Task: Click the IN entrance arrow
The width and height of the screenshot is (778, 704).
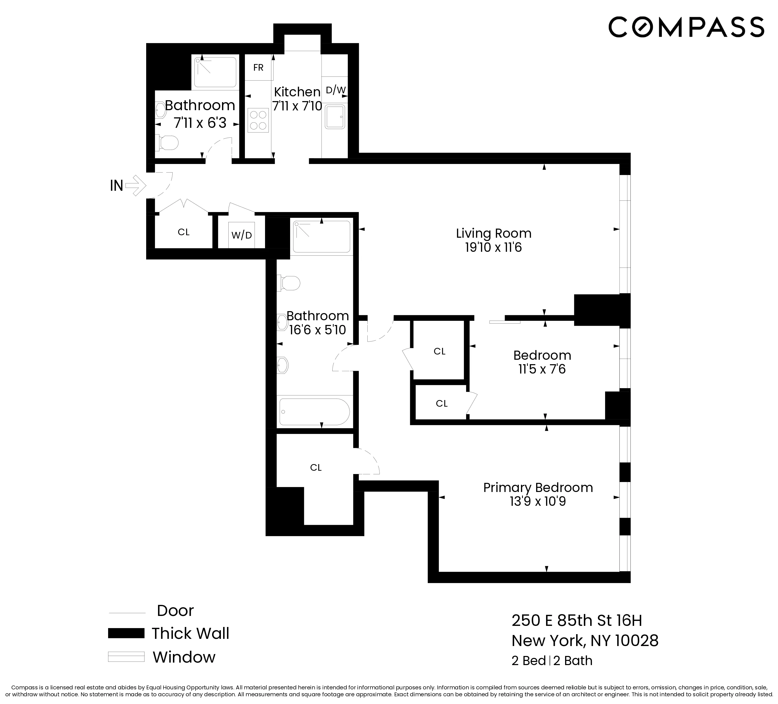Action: [x=135, y=186]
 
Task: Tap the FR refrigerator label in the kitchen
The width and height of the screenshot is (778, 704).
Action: [x=258, y=68]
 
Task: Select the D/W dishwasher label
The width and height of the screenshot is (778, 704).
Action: [x=335, y=90]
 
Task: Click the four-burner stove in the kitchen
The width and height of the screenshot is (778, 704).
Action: [x=258, y=120]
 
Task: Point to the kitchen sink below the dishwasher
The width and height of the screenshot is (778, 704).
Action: [x=335, y=117]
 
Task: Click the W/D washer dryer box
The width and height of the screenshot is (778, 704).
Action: [x=242, y=235]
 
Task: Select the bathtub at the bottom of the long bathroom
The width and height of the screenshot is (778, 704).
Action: [x=314, y=412]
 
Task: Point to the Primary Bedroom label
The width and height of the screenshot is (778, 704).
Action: [x=538, y=488]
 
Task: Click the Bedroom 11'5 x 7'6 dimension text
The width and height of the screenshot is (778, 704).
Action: [x=542, y=369]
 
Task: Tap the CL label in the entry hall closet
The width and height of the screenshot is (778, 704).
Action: [x=183, y=232]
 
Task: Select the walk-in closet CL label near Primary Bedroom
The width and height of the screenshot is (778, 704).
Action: [x=316, y=467]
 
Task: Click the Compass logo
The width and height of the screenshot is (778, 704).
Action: [x=686, y=27]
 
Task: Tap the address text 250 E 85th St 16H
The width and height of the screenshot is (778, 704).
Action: [x=577, y=621]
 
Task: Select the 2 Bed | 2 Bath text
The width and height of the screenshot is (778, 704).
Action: [x=552, y=661]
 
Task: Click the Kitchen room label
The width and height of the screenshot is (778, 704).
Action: [x=297, y=92]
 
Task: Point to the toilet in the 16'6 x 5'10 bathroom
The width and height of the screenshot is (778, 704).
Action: [x=289, y=283]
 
